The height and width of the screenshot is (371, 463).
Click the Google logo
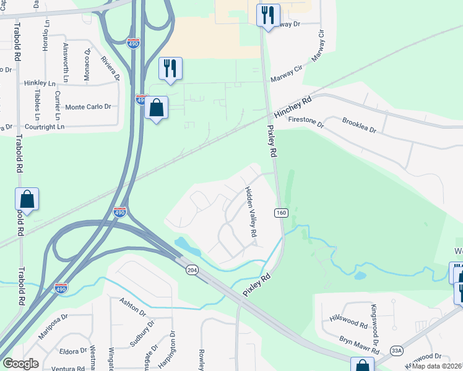click(x=20, y=364)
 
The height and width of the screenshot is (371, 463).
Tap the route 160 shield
click(x=281, y=212)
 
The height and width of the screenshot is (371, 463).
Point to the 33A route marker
click(x=397, y=351)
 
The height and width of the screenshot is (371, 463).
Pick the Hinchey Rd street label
click(x=291, y=108)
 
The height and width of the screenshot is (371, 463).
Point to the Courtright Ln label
click(x=44, y=127)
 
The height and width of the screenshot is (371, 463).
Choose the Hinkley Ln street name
click(x=40, y=83)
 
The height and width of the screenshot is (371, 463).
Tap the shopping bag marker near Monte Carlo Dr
click(x=157, y=108)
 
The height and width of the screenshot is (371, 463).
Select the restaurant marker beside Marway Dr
click(x=268, y=15)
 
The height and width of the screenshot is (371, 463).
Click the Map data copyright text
click(x=437, y=366)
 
